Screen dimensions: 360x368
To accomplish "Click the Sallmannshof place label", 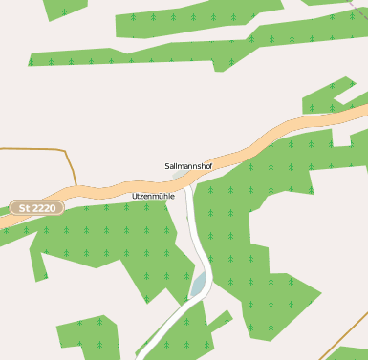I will point(188,166).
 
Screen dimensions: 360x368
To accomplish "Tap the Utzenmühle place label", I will point(153,196).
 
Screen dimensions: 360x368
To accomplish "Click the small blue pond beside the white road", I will point(199,284).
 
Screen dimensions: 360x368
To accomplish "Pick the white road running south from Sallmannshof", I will point(194,229).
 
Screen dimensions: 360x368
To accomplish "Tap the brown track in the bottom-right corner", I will point(344,334).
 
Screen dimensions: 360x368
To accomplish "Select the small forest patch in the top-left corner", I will point(65,8).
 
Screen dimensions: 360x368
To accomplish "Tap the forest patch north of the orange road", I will point(330,95).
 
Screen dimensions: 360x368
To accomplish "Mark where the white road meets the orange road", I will point(188,179).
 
